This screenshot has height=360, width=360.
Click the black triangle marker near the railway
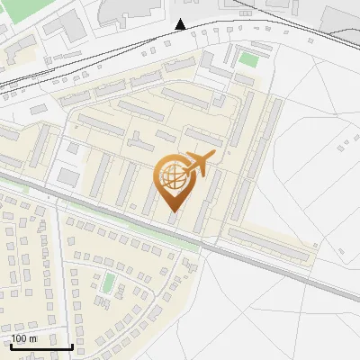181,24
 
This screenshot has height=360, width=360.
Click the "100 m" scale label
23,338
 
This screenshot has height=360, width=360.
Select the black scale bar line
41,346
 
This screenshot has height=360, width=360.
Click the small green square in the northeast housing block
248,60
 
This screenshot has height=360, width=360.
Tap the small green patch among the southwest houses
108,284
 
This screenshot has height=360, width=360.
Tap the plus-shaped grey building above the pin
139,143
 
